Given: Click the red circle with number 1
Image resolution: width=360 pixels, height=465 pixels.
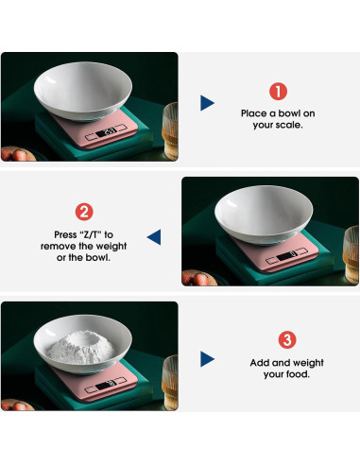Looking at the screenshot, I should [278, 92].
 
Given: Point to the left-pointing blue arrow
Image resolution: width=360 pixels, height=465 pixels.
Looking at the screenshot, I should [154, 236].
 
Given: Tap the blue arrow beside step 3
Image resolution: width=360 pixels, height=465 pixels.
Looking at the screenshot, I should [207, 359].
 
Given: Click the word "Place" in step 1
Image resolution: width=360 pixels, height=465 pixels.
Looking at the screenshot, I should [257, 113].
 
